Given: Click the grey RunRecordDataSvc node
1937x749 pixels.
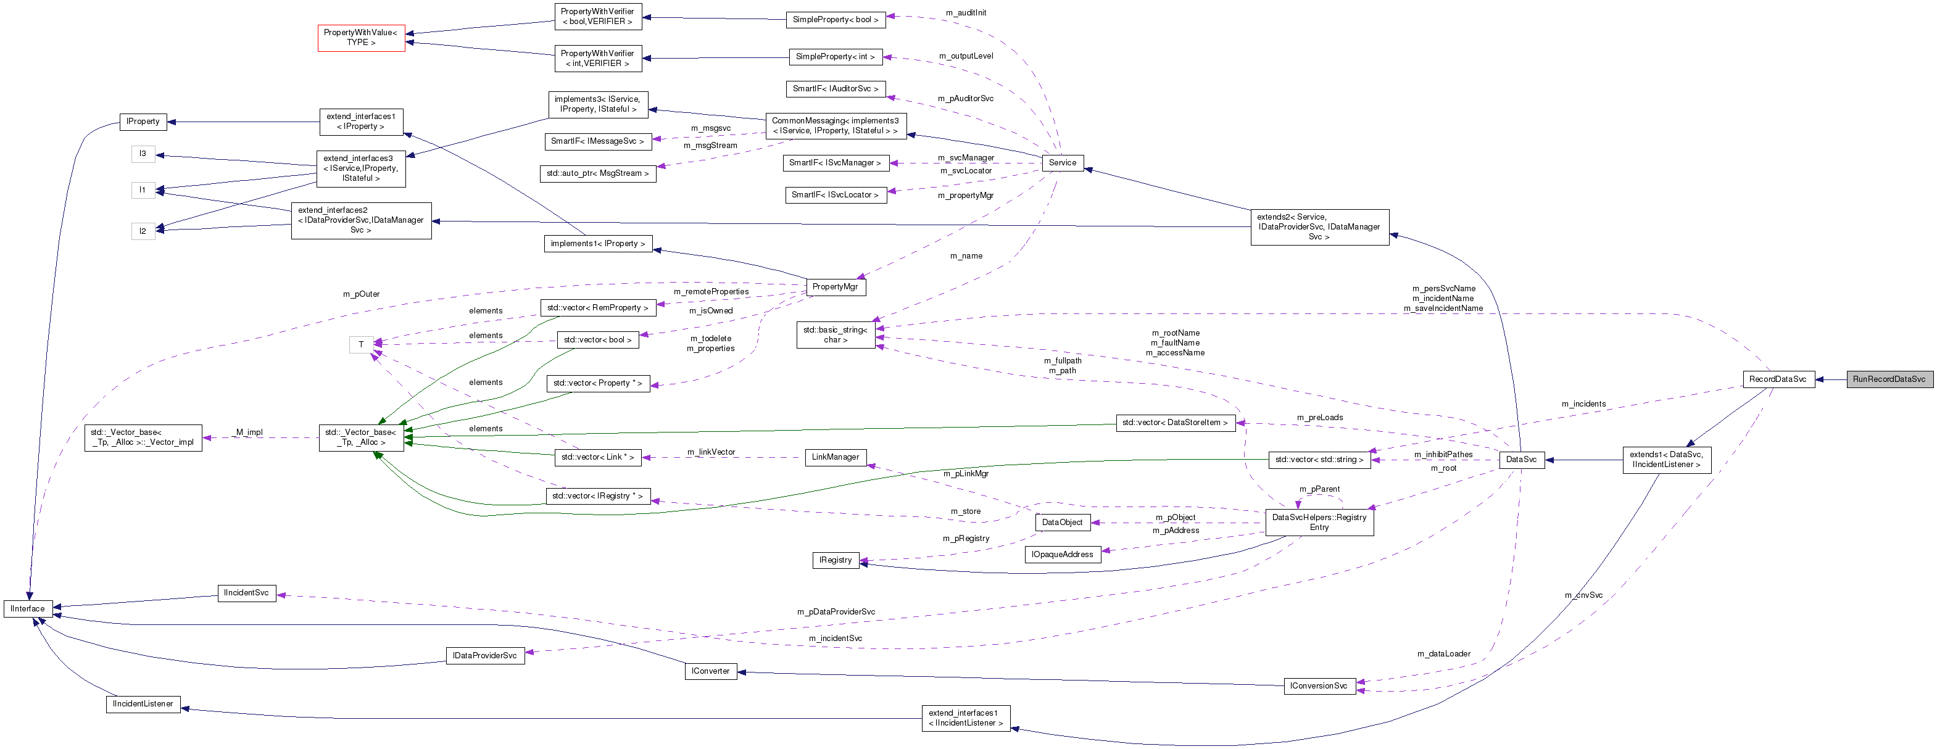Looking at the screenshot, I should pos(1888,379).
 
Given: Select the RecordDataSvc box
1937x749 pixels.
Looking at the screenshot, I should pos(1778,379).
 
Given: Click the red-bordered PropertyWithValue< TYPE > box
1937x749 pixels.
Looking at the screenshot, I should pos(361,38).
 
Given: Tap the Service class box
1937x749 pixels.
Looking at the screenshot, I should pos(1062,162).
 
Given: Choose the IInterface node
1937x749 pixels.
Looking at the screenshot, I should pos(28,608).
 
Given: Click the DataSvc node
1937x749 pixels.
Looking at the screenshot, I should pos(1521,460).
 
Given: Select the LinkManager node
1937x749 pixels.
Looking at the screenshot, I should pos(835,457).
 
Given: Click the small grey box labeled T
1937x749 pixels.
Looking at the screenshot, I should pos(361,344).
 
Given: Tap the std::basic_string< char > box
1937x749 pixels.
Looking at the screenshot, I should pos(835,334).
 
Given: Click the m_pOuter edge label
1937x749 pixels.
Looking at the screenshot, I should pos(362,294).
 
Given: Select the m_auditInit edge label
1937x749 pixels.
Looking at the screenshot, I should pos(966,13).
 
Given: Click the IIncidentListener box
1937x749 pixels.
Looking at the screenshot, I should pos(143,704).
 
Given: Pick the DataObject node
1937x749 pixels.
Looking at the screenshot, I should pos(1062,522).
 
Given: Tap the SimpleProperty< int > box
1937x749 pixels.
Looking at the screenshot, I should pos(835,56).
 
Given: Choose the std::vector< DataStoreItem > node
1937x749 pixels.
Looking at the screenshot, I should pos(1174,423).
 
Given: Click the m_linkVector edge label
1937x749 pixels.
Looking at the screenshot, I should pos(711,452).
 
